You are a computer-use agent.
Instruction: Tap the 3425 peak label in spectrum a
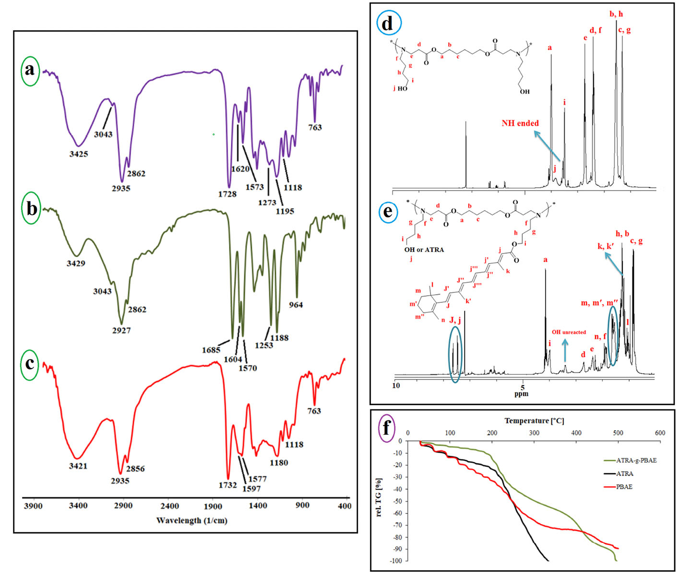coord(79,154)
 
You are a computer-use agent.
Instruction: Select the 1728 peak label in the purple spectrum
coord(227,194)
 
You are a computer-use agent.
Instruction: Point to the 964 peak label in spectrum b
coord(296,305)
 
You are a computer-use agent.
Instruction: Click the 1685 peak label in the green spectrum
coord(211,350)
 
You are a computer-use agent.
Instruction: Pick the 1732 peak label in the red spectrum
coord(228,485)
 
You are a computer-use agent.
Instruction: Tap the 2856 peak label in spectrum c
coord(135,469)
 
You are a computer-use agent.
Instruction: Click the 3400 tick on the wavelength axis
coord(78,505)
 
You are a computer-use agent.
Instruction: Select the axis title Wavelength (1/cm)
coord(191,520)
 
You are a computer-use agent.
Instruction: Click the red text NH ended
coord(520,123)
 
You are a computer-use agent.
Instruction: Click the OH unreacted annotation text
coord(569,332)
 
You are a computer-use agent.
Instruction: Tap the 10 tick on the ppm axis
coord(396,385)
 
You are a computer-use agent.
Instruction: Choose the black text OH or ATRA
coord(424,250)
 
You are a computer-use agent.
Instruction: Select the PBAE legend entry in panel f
coord(624,487)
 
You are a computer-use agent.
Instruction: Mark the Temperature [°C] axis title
coord(534,421)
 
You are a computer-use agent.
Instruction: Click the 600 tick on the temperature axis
coord(660,433)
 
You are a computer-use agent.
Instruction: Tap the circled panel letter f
coord(386,426)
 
